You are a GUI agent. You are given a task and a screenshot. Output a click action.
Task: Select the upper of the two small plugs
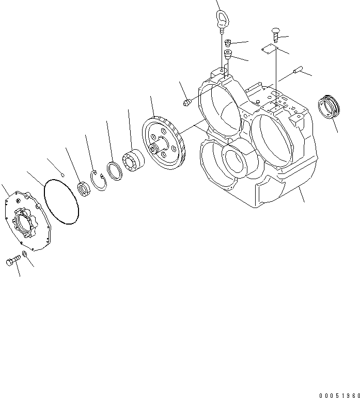(228, 43)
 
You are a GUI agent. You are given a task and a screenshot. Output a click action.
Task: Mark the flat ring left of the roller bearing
(115, 171)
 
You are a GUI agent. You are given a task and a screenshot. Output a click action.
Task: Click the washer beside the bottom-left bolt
(25, 256)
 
